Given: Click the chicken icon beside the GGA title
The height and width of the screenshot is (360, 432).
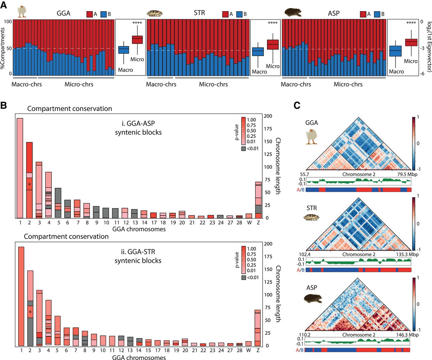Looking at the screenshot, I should pos(22,11).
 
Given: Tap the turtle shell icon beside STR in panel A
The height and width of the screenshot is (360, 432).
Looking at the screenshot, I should pos(155,14).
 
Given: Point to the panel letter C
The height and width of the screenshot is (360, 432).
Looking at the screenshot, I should pos(297,105).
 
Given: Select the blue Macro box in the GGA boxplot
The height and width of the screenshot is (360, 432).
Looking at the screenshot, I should pos(124,50).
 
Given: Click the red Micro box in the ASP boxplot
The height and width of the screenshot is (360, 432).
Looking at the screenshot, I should pos(411,42).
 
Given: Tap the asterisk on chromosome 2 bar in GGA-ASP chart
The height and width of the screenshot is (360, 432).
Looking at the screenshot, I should pos(29,184).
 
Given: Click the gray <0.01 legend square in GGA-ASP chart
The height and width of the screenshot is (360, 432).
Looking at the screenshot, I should pos(243,148).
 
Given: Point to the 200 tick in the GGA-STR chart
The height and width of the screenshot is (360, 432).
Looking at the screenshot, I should pos(268,244).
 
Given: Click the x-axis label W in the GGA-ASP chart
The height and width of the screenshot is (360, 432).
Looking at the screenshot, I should pos(249,223).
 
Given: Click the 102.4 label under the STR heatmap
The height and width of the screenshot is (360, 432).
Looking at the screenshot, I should pos(304,254).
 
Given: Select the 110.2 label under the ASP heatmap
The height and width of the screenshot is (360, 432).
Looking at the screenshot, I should pos(304,335).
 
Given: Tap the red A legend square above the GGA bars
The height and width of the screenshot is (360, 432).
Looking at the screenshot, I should pos(90,14).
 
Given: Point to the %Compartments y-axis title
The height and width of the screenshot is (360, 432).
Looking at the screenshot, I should pos(3,48).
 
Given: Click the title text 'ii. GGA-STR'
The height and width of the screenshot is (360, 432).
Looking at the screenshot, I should pos(138,252).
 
